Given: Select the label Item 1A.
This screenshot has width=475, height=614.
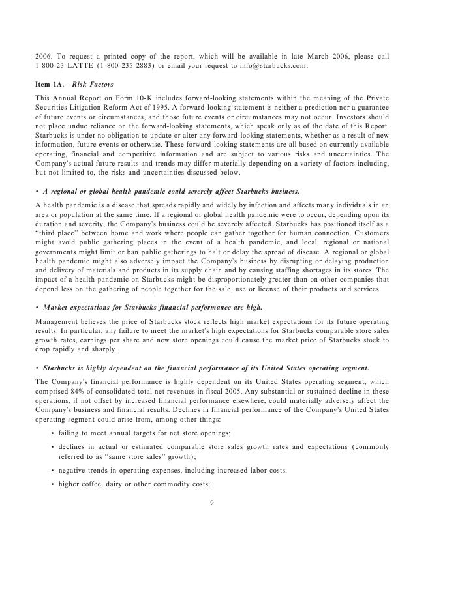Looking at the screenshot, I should coord(50,85).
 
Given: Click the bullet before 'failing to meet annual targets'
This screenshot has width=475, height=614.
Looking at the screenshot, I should coord(52,433).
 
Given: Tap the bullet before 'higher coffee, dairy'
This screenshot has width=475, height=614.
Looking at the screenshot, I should coord(52,484).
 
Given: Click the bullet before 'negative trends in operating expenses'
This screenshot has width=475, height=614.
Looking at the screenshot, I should coord(52,471).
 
